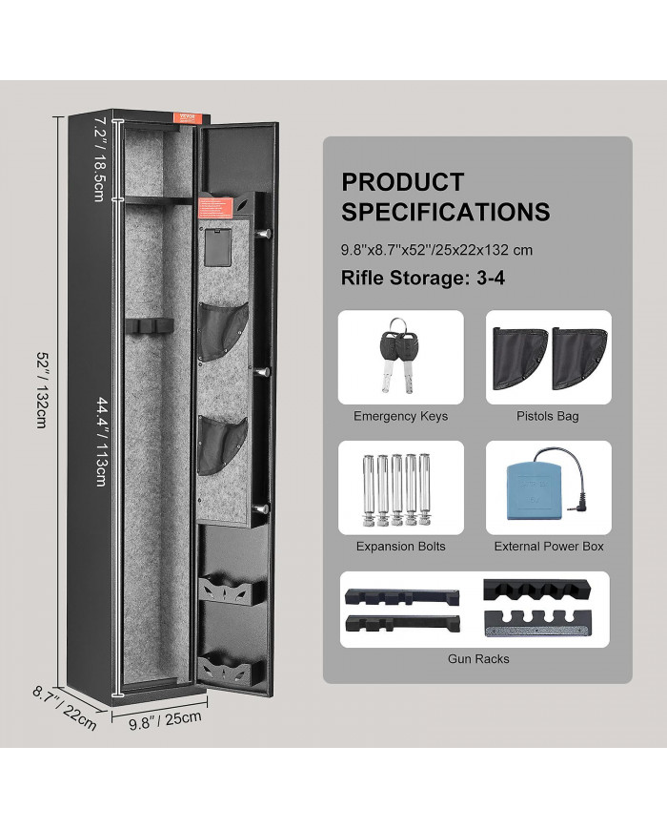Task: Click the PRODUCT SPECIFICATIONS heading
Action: (x=445, y=197)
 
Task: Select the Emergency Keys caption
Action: (x=400, y=416)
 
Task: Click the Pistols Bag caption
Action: (x=548, y=416)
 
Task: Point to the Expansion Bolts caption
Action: (x=400, y=547)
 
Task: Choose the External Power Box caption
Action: (x=548, y=547)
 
